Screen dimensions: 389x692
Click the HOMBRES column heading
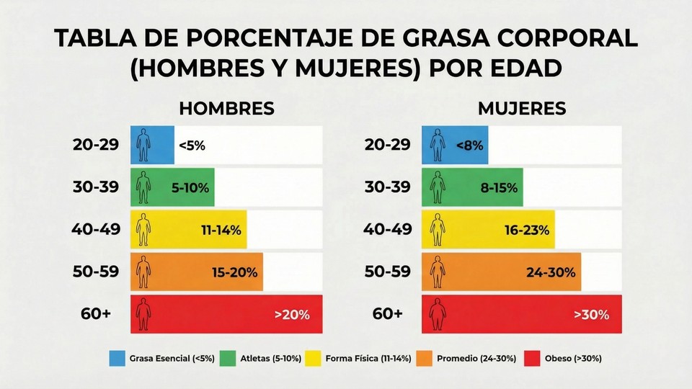(x=226, y=109)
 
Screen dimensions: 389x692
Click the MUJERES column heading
(x=521, y=109)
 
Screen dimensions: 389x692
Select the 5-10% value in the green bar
(x=190, y=188)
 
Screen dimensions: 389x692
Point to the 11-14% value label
(x=221, y=231)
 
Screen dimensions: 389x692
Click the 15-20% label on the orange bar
(x=235, y=273)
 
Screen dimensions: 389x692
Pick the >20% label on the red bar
(x=291, y=314)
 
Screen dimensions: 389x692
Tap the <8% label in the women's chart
(x=469, y=145)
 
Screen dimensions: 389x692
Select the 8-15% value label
(x=499, y=188)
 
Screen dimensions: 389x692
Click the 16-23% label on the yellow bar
(x=527, y=231)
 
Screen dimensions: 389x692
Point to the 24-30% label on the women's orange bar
(x=551, y=273)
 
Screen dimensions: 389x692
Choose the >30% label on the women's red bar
(x=591, y=314)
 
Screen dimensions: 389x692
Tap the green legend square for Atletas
(x=228, y=358)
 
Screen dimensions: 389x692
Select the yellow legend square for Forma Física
(x=314, y=358)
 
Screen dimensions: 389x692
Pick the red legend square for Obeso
(x=532, y=358)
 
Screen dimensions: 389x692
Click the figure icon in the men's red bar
(x=143, y=314)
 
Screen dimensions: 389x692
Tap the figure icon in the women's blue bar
(x=436, y=145)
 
